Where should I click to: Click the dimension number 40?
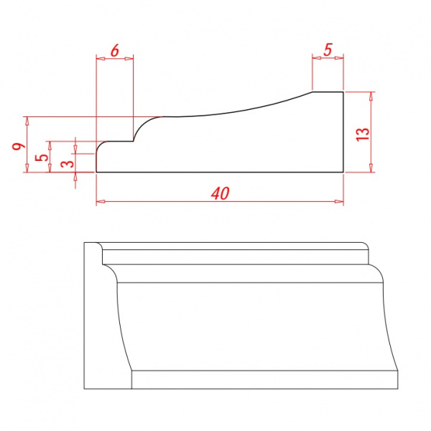(221, 193)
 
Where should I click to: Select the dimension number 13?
(363, 134)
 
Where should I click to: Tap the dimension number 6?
(115, 50)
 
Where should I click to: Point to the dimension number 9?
(19, 147)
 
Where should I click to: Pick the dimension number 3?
(68, 164)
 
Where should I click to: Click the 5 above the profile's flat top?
(328, 50)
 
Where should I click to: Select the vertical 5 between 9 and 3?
(42, 157)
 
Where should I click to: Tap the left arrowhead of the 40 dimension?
(101, 201)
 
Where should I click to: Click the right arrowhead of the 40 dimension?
(339, 201)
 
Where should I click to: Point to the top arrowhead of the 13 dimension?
(371, 96)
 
